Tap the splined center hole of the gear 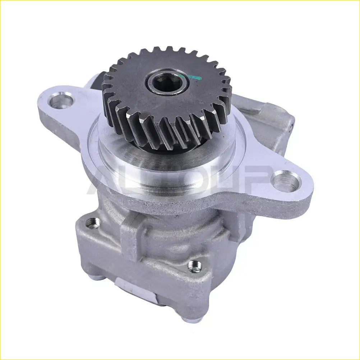click(167, 83)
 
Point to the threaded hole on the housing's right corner click(194, 266)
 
